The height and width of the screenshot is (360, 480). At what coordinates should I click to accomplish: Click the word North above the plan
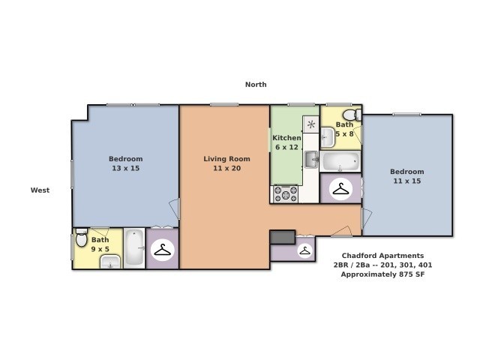click(x=256, y=85)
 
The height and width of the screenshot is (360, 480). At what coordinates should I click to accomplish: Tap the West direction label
click(x=40, y=190)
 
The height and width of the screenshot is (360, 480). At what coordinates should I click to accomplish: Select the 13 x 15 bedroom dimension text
click(x=125, y=168)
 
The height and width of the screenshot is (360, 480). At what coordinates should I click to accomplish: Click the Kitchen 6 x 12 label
click(x=286, y=142)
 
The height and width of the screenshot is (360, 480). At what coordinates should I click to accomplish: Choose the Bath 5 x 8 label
click(x=344, y=129)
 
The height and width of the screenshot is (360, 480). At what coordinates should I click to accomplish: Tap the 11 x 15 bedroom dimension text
click(x=406, y=181)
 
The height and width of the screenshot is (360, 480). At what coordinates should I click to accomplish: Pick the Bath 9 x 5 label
click(x=100, y=244)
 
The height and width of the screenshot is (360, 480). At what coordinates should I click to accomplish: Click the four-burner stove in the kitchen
click(x=285, y=193)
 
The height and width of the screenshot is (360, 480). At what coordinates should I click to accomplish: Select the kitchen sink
click(x=311, y=159)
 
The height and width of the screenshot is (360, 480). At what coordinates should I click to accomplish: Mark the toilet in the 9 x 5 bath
click(x=81, y=239)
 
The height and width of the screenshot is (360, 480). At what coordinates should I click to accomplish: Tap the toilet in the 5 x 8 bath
click(x=357, y=115)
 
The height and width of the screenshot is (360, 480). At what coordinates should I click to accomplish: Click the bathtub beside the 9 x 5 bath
click(x=134, y=247)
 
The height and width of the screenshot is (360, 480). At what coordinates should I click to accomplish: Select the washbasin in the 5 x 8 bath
click(x=328, y=137)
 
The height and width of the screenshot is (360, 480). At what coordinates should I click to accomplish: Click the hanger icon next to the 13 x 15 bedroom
click(x=162, y=250)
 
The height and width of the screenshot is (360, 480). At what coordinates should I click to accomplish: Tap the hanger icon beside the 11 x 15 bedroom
click(x=341, y=190)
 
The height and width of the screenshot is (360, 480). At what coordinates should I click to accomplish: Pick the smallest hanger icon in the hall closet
click(x=305, y=250)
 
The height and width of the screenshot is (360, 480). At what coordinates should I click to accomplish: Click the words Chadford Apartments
click(x=382, y=255)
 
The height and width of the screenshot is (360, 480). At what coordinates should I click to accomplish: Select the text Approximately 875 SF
click(x=382, y=274)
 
